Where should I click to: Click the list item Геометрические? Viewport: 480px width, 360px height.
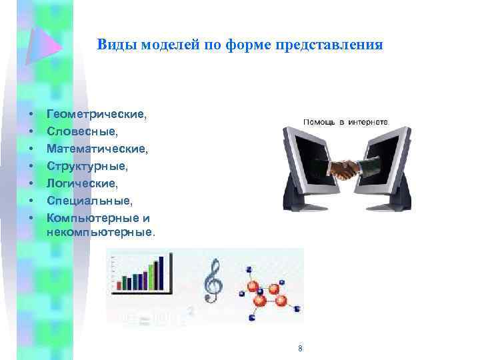click(97, 115)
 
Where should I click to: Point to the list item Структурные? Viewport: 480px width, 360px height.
click(87, 165)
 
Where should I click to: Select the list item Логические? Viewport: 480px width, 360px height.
click(82, 182)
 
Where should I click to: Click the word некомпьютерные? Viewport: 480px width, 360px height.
click(100, 233)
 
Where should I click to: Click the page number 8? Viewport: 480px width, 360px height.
click(301, 349)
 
